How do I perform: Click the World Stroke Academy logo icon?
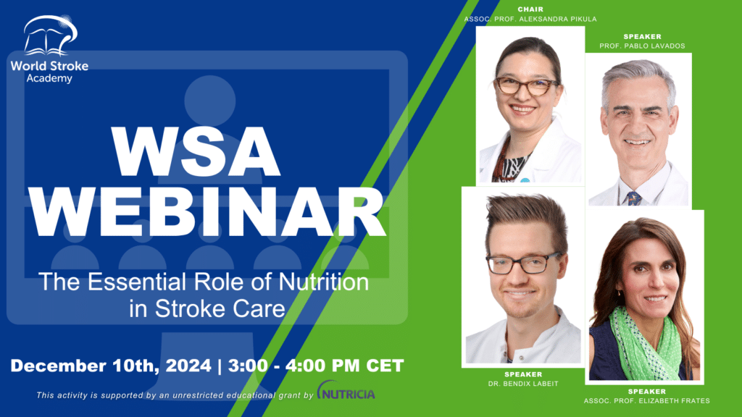click(50, 35)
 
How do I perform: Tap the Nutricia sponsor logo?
click(346, 390)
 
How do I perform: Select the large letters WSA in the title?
click(196, 152)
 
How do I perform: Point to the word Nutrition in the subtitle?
click(324, 282)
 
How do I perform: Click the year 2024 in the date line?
click(188, 366)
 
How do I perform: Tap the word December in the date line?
click(58, 366)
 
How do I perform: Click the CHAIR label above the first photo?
click(530, 9)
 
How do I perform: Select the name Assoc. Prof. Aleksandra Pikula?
click(530, 20)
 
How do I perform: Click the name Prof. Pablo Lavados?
click(642, 46)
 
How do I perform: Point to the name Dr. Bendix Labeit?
click(523, 384)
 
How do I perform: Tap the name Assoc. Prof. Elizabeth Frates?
click(647, 401)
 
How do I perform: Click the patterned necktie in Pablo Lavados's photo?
click(633, 198)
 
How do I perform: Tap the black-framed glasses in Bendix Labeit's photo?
click(524, 263)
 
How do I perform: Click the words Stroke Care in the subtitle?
click(220, 308)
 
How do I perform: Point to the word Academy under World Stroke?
click(49, 78)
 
